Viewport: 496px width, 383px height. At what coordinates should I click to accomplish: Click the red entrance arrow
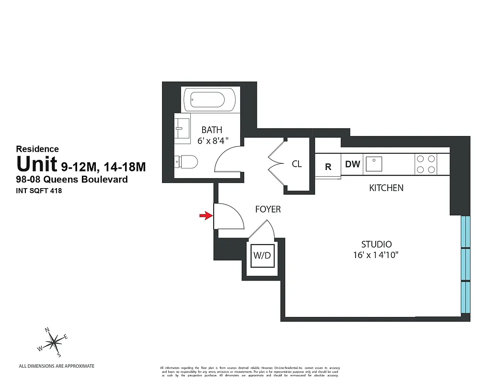(206, 216)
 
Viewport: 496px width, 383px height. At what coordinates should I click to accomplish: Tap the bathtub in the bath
(210, 100)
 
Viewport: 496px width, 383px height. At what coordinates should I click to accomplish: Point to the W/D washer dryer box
(262, 256)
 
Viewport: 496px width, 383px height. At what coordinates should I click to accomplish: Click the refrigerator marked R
(328, 167)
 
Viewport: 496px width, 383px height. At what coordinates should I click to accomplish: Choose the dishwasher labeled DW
(352, 164)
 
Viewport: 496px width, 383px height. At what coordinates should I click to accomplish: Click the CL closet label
(297, 164)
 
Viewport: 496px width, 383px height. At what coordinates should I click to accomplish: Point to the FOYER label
(268, 209)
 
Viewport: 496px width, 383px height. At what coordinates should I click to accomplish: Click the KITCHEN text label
(386, 188)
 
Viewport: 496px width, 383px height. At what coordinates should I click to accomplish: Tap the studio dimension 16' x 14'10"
(376, 255)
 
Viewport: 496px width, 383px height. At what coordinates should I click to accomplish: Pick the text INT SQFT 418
(39, 191)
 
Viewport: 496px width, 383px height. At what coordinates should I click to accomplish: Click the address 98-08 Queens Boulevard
(72, 180)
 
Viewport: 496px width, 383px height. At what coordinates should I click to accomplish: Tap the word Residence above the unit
(37, 149)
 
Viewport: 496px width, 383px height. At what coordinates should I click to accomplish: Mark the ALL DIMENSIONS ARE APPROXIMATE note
(57, 366)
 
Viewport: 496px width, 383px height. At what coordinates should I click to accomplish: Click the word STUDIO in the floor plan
(376, 244)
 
